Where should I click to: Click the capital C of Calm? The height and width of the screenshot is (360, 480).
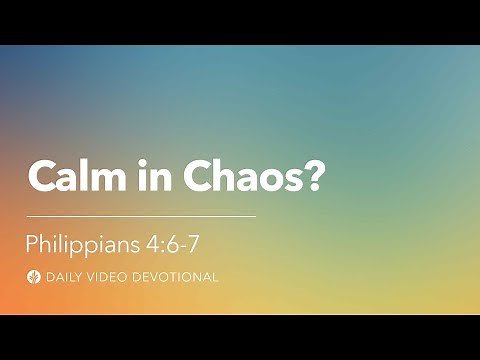pos(43,177)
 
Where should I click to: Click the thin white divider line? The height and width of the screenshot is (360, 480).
pos(140,215)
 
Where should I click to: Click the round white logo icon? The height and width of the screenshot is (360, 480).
pos(35,276)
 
